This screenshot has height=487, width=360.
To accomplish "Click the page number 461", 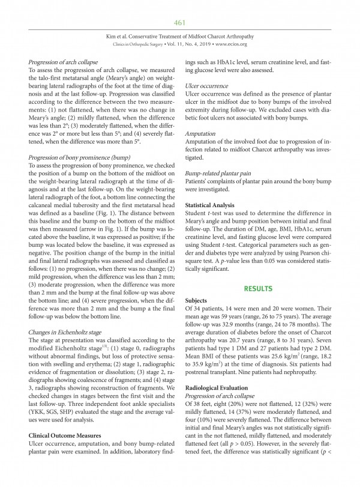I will pyautogui.click(x=179, y=23).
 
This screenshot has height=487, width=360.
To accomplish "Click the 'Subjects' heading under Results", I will pyautogui.click(x=198, y=301).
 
